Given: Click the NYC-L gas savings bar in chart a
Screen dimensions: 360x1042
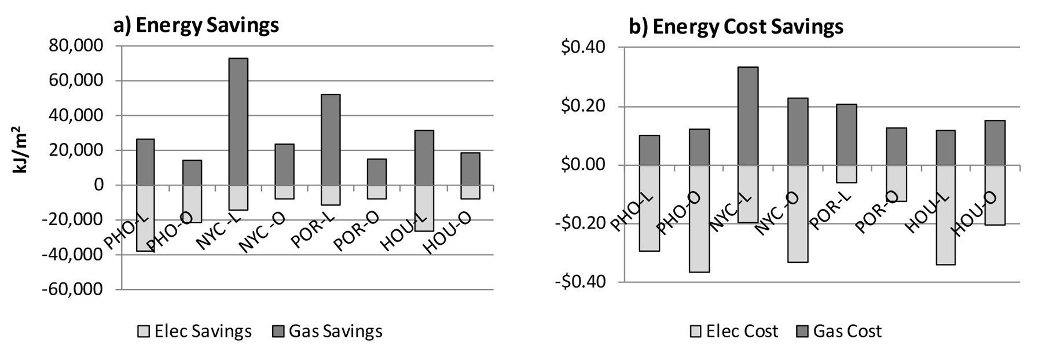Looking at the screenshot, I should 238,122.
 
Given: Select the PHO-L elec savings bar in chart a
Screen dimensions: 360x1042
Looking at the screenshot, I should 145,218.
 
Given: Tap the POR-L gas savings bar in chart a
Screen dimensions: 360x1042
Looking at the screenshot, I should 331,139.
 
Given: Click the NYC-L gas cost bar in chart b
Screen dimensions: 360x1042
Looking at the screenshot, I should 748,116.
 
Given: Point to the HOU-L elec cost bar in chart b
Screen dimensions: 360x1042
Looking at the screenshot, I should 945,215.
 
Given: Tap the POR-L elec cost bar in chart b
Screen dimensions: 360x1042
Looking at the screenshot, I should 846,174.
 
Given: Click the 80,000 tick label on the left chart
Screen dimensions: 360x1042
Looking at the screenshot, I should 75,46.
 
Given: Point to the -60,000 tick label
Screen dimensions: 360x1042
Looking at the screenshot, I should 71,289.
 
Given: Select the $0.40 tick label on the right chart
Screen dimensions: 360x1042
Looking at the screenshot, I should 584,47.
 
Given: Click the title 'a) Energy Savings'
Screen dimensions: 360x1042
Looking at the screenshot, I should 196,25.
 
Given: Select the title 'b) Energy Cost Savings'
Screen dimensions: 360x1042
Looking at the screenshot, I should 736,27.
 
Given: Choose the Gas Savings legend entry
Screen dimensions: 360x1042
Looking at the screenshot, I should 328,331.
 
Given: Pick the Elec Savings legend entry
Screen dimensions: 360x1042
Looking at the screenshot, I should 195,331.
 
